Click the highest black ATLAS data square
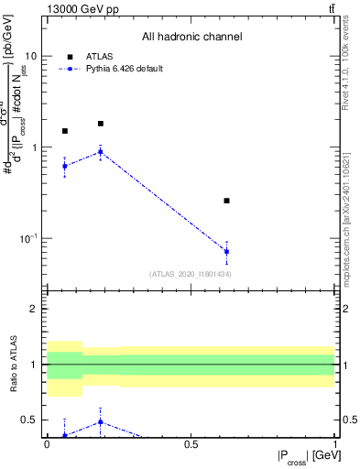(101, 123)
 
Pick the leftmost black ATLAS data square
(64, 131)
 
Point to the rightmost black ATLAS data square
(226, 201)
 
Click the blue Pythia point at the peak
(101, 152)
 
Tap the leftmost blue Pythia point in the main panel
(64, 166)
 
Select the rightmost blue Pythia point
(226, 251)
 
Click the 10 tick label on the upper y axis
(30, 55)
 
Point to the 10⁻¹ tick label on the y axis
(27, 238)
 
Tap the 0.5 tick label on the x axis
(191, 443)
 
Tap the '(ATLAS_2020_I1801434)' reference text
(191, 274)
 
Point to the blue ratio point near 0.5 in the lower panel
(101, 422)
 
